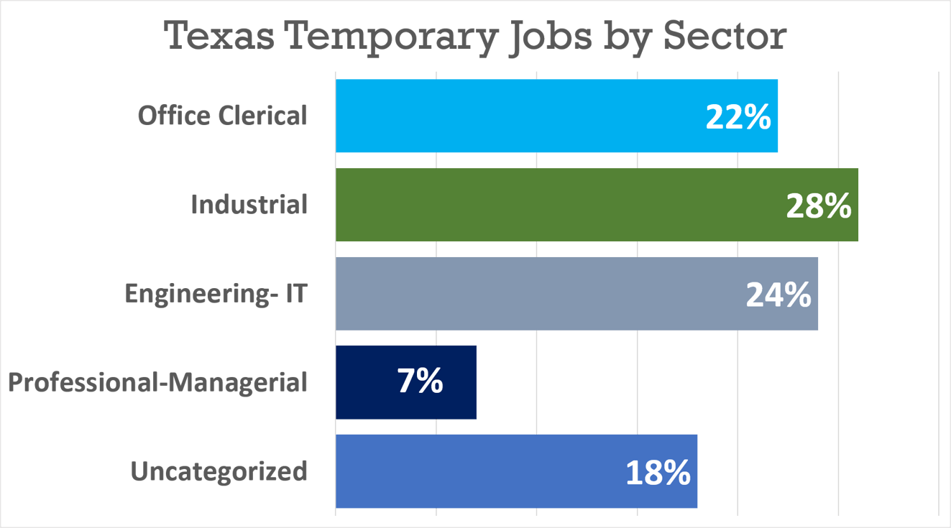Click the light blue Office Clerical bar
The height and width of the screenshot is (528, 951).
[x=518, y=116]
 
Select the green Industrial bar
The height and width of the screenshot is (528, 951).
[x=561, y=205]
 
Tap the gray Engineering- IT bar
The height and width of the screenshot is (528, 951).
[x=539, y=293]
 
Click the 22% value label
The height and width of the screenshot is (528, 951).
[x=738, y=118]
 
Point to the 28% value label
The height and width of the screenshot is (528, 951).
[x=818, y=207]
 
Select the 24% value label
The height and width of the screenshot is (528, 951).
[x=778, y=295]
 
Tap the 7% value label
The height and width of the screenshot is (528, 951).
[x=420, y=382]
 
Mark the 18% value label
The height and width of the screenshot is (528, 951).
[x=657, y=473]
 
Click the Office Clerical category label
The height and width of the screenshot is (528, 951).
[x=222, y=116]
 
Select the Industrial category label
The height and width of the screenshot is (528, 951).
[x=249, y=205]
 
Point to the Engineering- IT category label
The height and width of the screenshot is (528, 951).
[x=216, y=293]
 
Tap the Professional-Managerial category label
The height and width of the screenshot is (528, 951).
[x=157, y=382]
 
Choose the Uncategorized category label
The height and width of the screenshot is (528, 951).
[x=219, y=471]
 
